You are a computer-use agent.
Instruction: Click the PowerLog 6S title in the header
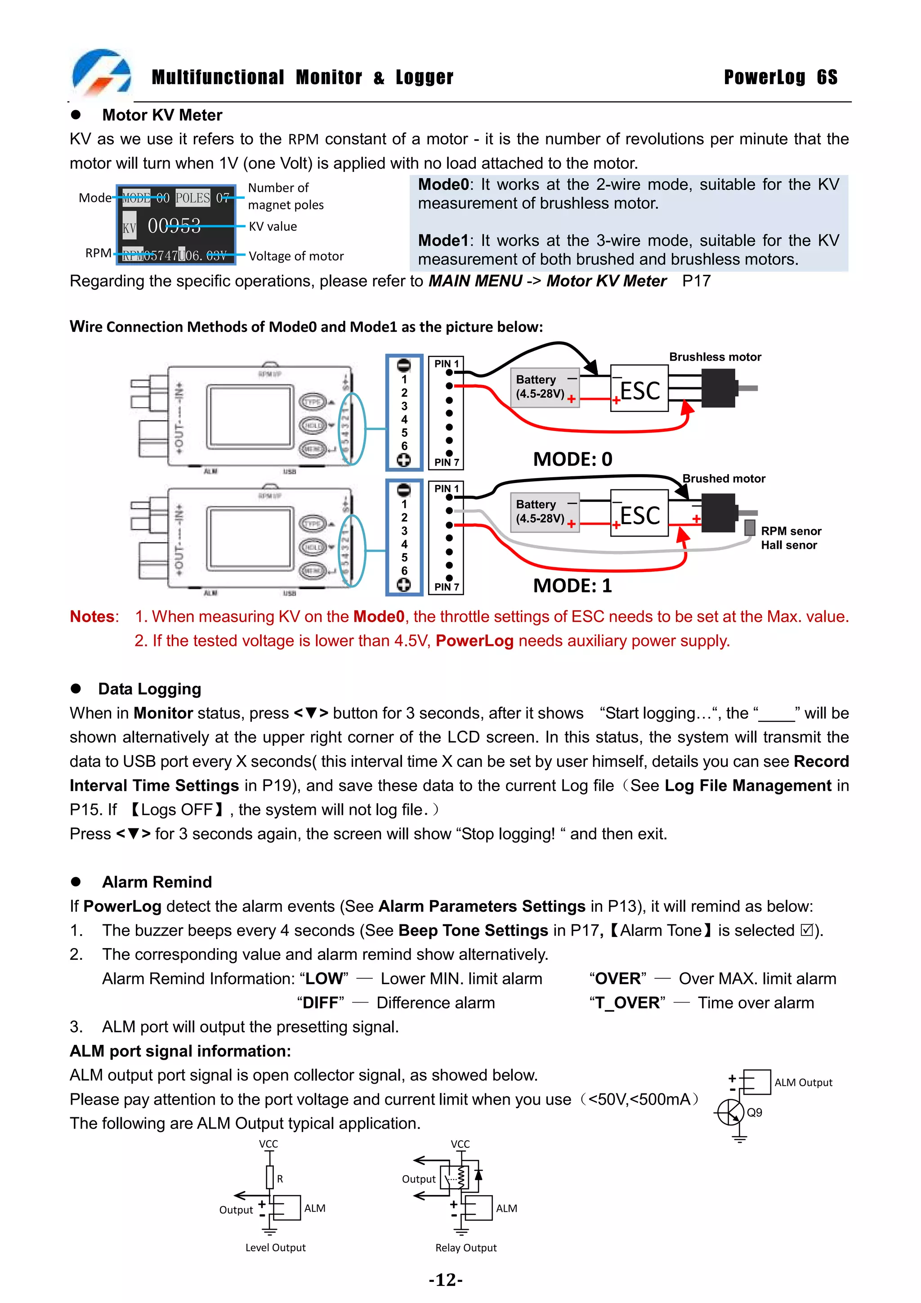pos(780,77)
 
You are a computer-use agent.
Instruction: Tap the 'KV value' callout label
pos(273,226)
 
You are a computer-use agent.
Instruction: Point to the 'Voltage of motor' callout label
pos(295,256)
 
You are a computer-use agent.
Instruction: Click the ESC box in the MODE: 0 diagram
pos(639,390)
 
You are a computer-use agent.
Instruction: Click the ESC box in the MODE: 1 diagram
pos(639,514)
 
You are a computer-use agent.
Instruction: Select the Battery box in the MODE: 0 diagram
pos(544,386)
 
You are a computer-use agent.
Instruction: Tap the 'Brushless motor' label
pos(715,357)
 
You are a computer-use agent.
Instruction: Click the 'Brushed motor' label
pos(724,479)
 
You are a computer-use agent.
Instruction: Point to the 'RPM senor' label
pos(791,531)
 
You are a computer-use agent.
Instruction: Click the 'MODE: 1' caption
pos(572,585)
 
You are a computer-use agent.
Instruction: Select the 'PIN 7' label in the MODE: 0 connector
pos(446,462)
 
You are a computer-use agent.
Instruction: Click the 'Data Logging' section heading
pos(149,689)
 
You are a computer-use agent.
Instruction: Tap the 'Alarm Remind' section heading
pos(156,882)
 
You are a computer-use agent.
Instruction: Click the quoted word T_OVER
pos(627,1003)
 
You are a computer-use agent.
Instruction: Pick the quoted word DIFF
pos(321,1003)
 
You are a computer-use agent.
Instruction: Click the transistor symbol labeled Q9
pos(731,1112)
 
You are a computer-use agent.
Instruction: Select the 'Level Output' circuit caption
pos(275,1247)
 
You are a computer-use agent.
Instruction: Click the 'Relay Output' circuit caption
pos(465,1247)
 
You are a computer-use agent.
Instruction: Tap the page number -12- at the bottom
pos(446,1281)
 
